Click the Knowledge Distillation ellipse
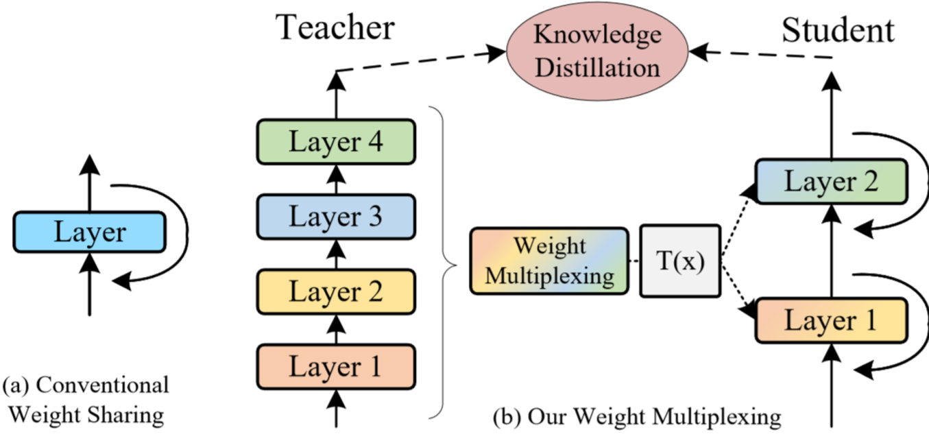(x=597, y=51)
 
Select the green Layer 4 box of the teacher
(x=336, y=142)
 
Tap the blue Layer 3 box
(x=336, y=217)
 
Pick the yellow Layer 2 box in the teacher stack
(x=336, y=291)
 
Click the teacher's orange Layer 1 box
(x=336, y=367)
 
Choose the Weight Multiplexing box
(x=549, y=261)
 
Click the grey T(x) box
(x=680, y=261)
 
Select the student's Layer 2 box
(x=832, y=181)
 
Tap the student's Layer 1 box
(x=832, y=321)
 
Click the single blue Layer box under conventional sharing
(x=90, y=232)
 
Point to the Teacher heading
(x=335, y=27)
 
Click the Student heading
(x=838, y=30)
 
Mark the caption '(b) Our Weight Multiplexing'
(x=637, y=416)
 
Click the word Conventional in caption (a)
(x=102, y=385)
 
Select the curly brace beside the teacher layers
(x=443, y=263)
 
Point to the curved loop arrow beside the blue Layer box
(x=187, y=232)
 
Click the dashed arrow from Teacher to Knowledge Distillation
(x=421, y=61)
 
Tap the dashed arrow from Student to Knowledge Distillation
(x=760, y=54)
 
